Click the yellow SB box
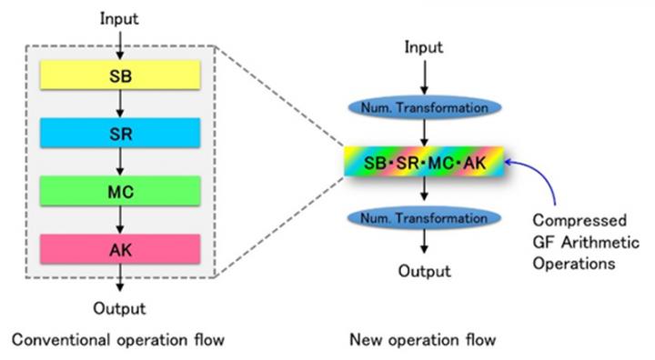[x=120, y=75]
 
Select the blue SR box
[x=120, y=133]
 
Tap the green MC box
[x=120, y=191]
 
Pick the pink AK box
[x=120, y=248]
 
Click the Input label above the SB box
[x=120, y=18]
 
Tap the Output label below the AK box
[x=120, y=308]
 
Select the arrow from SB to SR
[x=120, y=104]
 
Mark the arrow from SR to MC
[x=120, y=162]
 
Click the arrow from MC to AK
[x=120, y=219]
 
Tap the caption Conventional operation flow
[x=117, y=340]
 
